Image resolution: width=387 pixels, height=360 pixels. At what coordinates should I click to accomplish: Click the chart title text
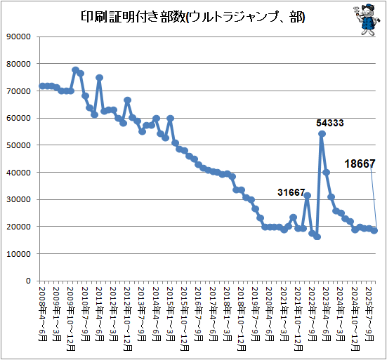(x=193, y=18)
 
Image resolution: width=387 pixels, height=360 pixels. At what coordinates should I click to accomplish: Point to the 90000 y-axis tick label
(x=18, y=36)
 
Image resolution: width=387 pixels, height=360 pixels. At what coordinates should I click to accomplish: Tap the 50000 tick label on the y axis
(x=18, y=145)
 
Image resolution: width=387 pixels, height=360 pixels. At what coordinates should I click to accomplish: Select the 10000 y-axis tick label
(x=18, y=254)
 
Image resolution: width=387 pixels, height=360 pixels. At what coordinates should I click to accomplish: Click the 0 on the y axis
(x=28, y=281)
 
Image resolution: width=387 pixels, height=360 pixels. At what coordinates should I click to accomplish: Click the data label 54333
(x=330, y=123)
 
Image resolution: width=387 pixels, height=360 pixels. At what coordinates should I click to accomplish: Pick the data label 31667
(x=291, y=192)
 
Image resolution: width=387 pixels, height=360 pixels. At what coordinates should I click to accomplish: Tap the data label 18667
(x=360, y=164)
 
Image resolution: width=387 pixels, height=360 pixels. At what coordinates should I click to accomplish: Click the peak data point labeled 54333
(x=322, y=133)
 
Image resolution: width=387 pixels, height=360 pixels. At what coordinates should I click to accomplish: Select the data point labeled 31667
(x=308, y=195)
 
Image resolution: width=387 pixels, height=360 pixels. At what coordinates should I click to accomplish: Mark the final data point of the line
(x=374, y=231)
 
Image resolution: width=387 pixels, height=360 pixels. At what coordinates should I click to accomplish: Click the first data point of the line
(x=42, y=86)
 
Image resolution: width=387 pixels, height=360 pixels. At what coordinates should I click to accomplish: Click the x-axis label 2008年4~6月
(x=43, y=314)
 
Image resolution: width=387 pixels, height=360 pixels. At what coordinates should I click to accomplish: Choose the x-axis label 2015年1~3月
(x=170, y=314)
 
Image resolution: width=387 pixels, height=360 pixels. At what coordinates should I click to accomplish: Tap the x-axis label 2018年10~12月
(x=242, y=319)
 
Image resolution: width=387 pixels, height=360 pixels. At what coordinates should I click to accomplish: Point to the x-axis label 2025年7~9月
(x=369, y=314)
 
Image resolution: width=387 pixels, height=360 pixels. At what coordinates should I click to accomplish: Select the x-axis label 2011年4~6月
(x=99, y=314)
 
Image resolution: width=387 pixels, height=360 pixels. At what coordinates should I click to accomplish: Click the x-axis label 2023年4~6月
(x=327, y=314)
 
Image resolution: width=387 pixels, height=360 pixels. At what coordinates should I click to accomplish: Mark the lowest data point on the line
(x=317, y=237)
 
